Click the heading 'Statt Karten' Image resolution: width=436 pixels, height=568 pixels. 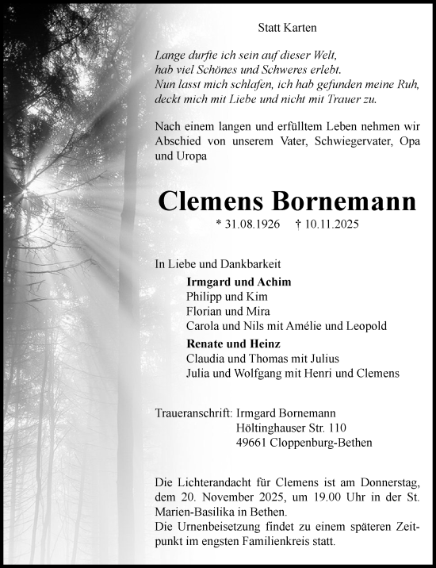click(287, 28)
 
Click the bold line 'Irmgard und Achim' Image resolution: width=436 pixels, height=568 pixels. click(239, 282)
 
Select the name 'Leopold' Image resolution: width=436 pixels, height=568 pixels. click(365, 326)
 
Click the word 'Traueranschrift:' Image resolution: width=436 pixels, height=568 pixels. click(194, 413)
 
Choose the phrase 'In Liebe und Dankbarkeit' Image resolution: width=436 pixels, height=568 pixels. click(216, 263)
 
